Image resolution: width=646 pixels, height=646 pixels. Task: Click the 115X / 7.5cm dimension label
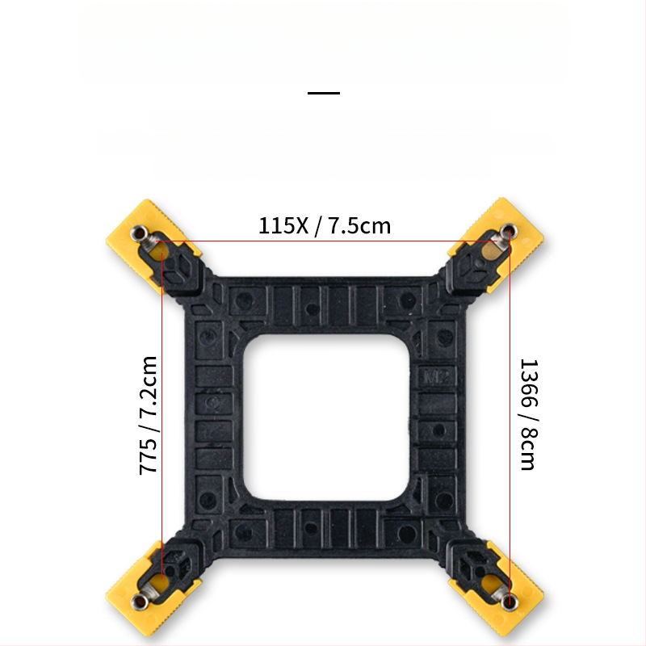[x=324, y=225]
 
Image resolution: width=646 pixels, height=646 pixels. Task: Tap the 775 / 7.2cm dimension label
[x=149, y=414]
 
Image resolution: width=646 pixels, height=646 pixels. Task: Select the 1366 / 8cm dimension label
[x=526, y=414]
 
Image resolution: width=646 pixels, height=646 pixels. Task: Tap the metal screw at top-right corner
[x=505, y=234]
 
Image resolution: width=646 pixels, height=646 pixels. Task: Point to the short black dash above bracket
[x=324, y=93]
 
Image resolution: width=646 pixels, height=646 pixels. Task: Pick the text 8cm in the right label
[x=526, y=452]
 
